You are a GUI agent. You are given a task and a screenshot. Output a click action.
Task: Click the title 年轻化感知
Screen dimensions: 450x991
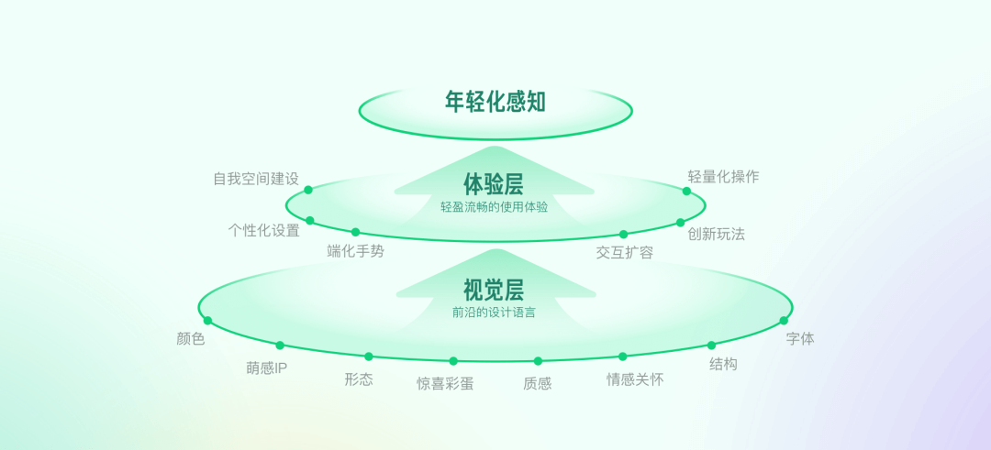[495, 102]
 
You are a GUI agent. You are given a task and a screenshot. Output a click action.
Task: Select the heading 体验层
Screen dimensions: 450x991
[494, 185]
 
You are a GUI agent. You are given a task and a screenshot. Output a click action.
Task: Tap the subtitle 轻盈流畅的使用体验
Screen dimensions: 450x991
[494, 207]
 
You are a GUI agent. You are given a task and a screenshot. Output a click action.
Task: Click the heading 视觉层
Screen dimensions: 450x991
[494, 291]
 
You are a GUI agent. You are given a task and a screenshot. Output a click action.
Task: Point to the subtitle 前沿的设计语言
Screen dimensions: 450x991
[494, 313]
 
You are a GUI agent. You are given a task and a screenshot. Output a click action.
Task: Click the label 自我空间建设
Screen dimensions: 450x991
[256, 179]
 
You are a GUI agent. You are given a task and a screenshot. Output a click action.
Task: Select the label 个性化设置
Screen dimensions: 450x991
[264, 230]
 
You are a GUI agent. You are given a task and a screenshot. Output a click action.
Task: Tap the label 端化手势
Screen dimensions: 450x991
[356, 251]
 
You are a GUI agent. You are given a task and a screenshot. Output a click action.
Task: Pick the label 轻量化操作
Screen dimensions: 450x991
[724, 177]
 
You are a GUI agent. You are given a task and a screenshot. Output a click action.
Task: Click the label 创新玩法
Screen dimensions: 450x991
[717, 234]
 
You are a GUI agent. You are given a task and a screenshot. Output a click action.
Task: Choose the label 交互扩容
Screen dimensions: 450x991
[625, 252]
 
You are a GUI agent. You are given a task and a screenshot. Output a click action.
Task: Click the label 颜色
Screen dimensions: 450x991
[191, 339]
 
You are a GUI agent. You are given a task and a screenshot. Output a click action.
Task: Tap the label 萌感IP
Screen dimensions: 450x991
[267, 368]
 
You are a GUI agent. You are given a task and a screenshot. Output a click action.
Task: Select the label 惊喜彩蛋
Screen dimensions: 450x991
[445, 384]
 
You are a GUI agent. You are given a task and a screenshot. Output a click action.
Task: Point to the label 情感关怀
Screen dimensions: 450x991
[635, 379]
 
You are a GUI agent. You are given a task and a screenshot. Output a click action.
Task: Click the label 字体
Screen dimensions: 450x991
[800, 338]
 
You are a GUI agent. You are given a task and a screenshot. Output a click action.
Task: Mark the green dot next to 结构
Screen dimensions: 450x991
[711, 346]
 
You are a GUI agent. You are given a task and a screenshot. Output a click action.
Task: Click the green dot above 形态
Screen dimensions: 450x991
[369, 357]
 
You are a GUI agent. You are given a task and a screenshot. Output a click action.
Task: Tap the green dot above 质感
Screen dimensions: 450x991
[538, 361]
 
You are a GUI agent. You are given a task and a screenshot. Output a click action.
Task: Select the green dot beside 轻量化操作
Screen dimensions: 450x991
[686, 192]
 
